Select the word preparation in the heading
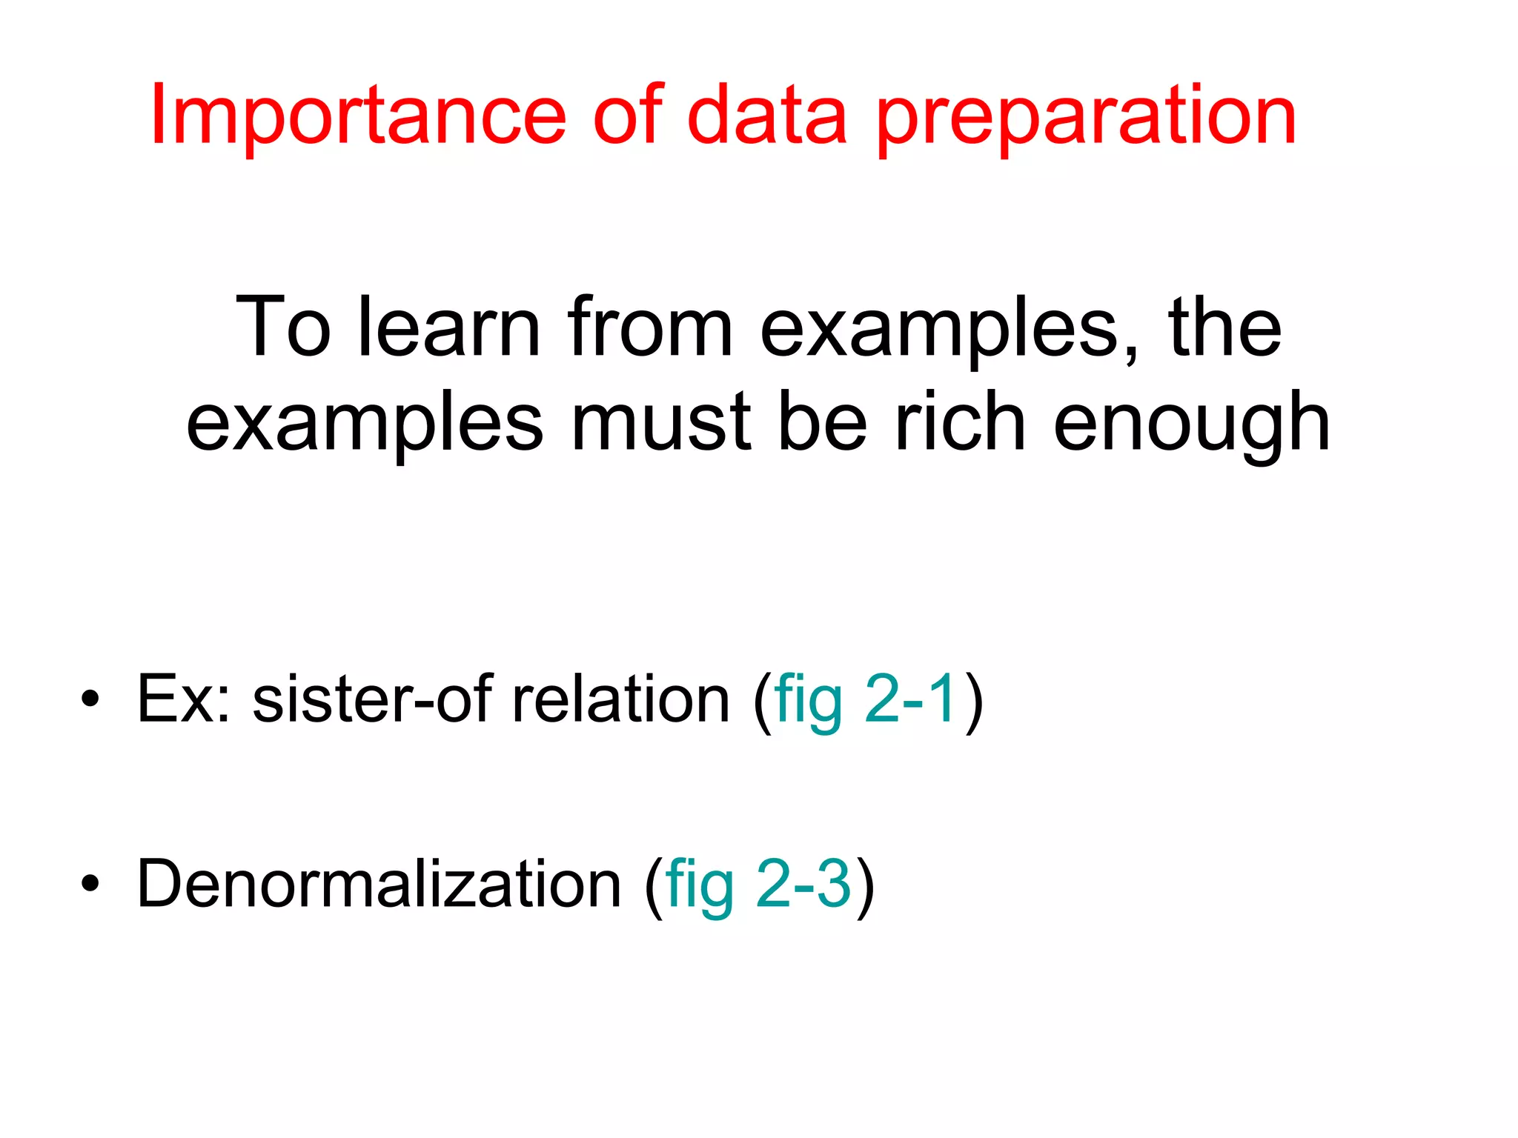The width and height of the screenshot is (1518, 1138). [1086, 119]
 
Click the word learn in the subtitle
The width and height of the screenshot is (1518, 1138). [449, 327]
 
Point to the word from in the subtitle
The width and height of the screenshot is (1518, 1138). [650, 327]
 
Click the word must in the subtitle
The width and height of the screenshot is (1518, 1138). [661, 422]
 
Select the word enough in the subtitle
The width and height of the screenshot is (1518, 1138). [1191, 426]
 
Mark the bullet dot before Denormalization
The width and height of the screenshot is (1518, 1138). [90, 883]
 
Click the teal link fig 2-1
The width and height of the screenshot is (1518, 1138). [865, 699]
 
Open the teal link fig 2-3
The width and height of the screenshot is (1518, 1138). [758, 884]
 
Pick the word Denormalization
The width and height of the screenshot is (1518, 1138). [379, 883]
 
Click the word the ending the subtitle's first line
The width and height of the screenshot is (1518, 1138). [1224, 327]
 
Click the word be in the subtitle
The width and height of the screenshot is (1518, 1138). [823, 422]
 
